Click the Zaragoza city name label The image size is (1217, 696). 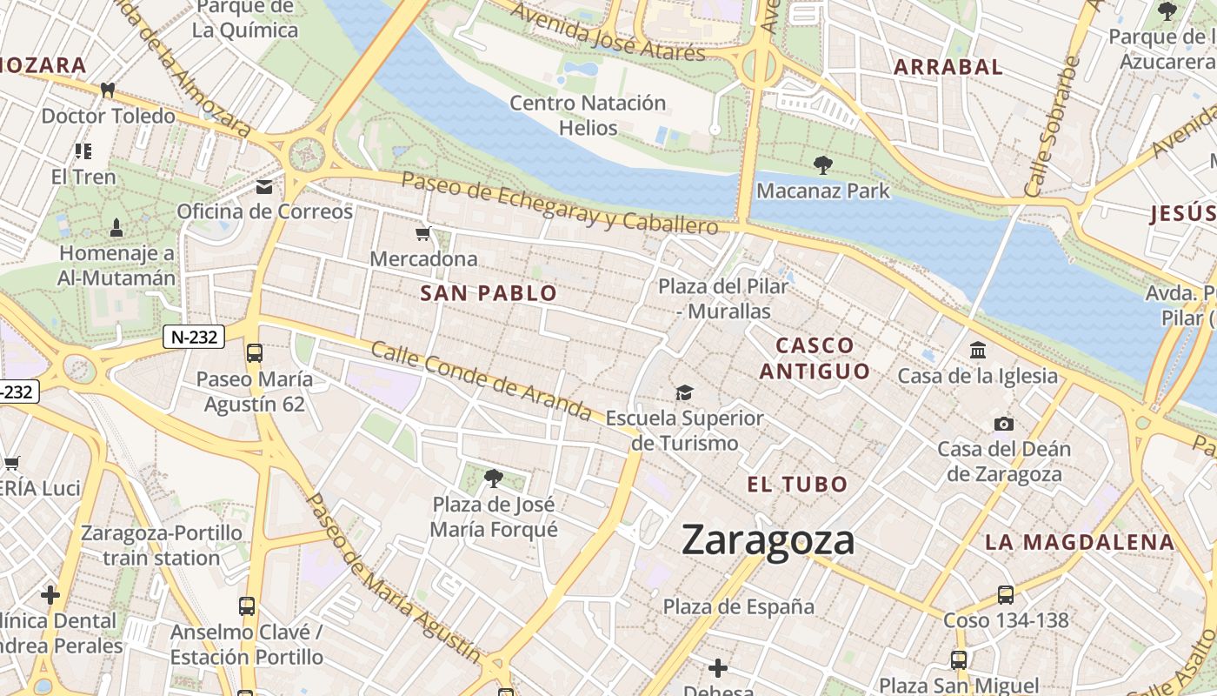pyautogui.click(x=768, y=540)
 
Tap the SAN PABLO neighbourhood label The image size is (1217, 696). pyautogui.click(x=489, y=293)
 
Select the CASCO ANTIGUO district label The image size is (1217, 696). pyautogui.click(x=815, y=358)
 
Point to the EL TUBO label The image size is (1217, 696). pyautogui.click(x=797, y=485)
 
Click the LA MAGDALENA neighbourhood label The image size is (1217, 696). pyautogui.click(x=1079, y=542)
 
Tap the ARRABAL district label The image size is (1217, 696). pyautogui.click(x=948, y=67)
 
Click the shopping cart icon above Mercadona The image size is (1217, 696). pyautogui.click(x=423, y=233)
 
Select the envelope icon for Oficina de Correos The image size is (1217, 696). pyautogui.click(x=264, y=187)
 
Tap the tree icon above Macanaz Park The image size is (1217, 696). pyautogui.click(x=822, y=164)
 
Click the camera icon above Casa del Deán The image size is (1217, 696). pyautogui.click(x=1004, y=424)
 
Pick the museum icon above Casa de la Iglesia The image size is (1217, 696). pyautogui.click(x=978, y=351)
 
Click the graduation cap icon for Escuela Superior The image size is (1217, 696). pyautogui.click(x=685, y=392)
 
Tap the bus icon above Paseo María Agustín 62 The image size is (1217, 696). pyautogui.click(x=255, y=352)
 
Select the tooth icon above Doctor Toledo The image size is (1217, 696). pyautogui.click(x=109, y=90)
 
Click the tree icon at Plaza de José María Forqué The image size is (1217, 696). pyautogui.click(x=494, y=478)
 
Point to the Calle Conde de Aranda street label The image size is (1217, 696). pyautogui.click(x=482, y=379)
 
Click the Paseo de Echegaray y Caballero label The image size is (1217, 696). pyautogui.click(x=560, y=203)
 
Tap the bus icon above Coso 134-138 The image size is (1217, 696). pyautogui.click(x=1006, y=595)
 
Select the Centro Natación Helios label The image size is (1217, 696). pyautogui.click(x=588, y=115)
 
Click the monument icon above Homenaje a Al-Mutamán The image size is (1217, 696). pyautogui.click(x=116, y=228)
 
